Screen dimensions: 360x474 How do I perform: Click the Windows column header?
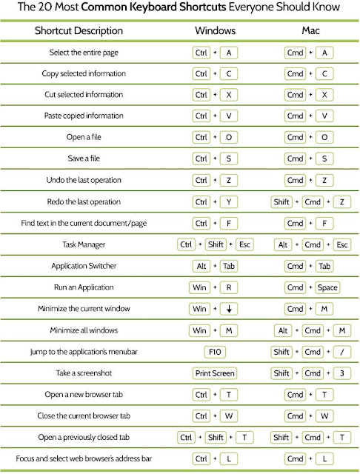[215, 33]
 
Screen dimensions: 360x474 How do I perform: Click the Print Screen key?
[214, 373]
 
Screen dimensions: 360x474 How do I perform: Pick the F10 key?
[214, 352]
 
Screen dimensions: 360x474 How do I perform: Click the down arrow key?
[230, 309]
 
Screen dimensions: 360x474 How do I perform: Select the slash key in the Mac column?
[341, 352]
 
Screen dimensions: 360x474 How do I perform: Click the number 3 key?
[341, 373]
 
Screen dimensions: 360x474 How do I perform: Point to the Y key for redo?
[230, 201]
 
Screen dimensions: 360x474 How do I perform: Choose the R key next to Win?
[230, 287]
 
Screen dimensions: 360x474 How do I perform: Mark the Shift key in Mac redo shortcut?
[281, 201]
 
